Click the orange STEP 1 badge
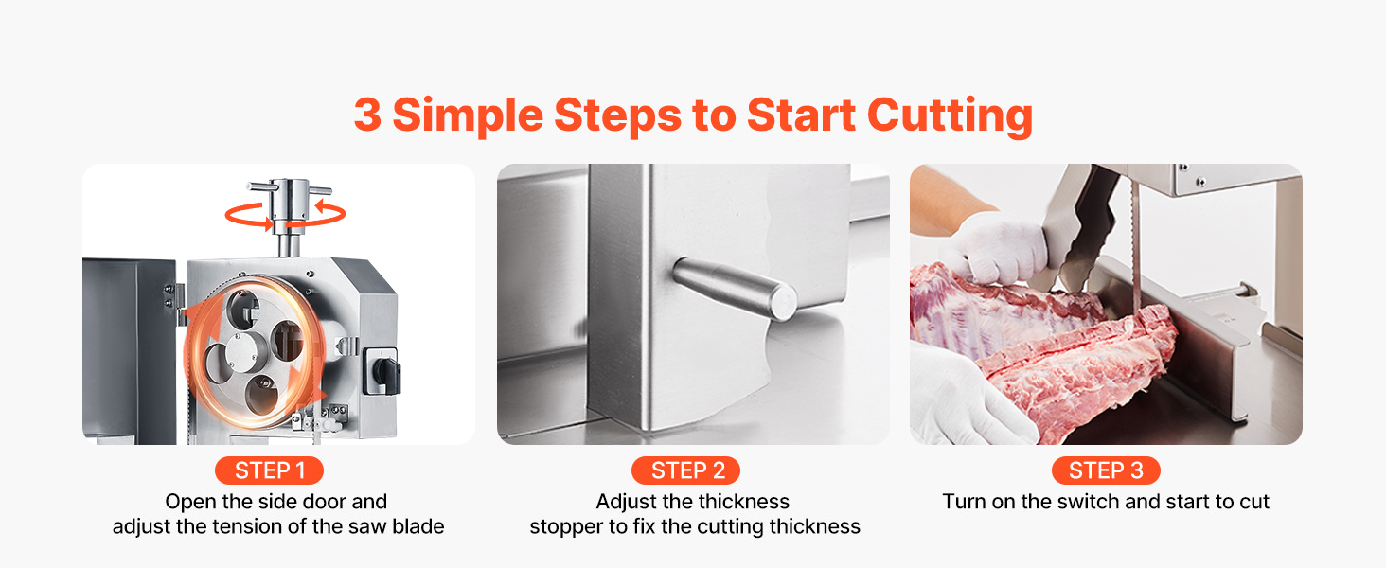(269, 470)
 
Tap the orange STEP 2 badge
(685, 470)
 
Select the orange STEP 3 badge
(1106, 470)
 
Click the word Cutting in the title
(950, 115)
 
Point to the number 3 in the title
(367, 115)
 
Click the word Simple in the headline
(468, 115)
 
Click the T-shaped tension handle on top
(290, 201)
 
